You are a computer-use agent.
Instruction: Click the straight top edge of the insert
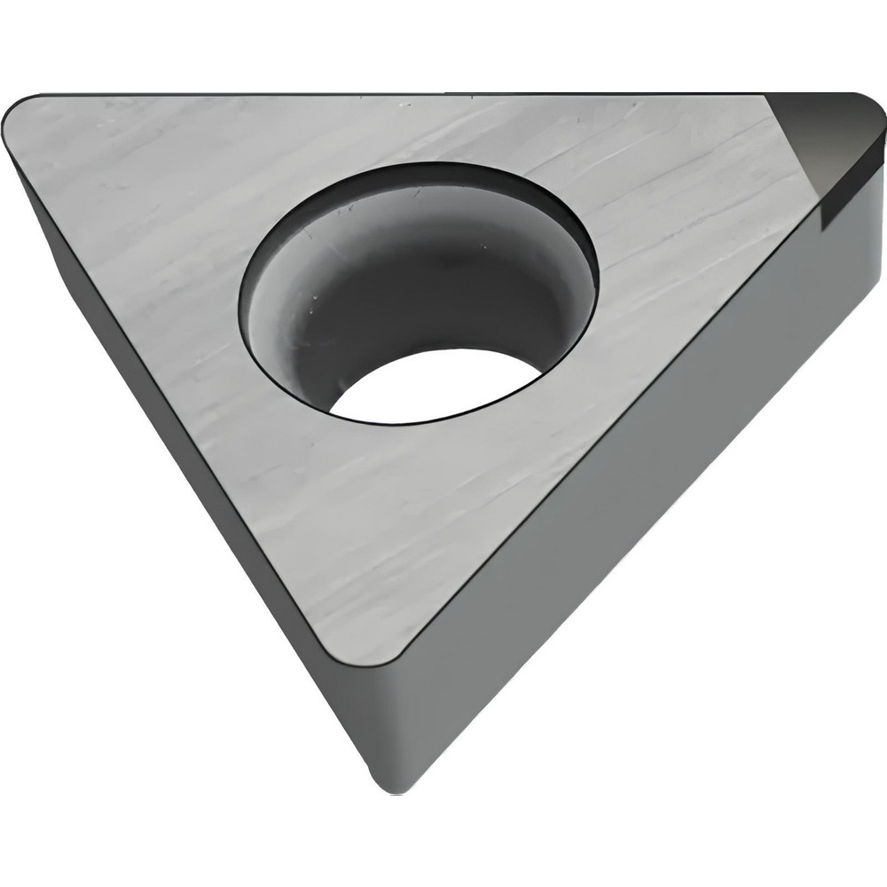pos(399,94)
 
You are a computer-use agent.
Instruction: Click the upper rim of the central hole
pos(417,167)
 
